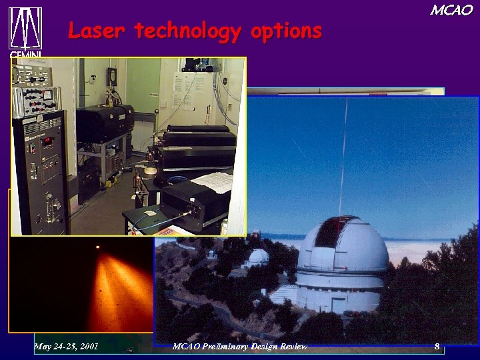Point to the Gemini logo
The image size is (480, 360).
tap(25, 30)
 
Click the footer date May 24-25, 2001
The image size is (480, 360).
tap(66, 346)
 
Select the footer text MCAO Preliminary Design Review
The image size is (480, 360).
tap(239, 346)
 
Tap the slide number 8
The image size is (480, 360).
tap(437, 346)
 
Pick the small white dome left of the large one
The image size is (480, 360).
tap(257, 256)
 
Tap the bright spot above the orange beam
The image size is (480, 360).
tap(98, 247)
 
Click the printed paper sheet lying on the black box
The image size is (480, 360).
tap(212, 181)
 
